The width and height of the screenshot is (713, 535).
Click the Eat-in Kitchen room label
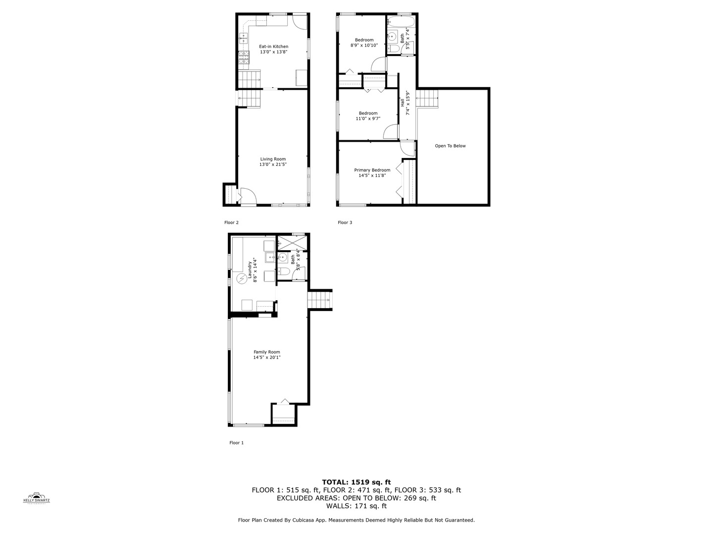[273, 47]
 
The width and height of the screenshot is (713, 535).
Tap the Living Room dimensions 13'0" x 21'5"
[273, 164]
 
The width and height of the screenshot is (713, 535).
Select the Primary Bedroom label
[372, 170]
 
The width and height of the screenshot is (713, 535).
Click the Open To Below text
[450, 146]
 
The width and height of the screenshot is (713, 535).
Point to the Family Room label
[267, 352]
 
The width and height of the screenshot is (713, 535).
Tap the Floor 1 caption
[236, 443]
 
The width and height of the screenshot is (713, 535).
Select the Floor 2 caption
[231, 222]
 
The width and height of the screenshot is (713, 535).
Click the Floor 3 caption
[345, 222]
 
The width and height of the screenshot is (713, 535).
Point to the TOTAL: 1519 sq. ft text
[356, 482]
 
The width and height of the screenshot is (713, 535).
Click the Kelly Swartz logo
[37, 497]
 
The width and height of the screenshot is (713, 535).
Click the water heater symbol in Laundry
[241, 279]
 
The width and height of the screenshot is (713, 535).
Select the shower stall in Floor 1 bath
[292, 243]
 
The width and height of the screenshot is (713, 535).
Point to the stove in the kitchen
[244, 58]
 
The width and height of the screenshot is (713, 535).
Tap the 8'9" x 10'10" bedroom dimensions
[364, 45]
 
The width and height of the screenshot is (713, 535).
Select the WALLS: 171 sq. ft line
[356, 506]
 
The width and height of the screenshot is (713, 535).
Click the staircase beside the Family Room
[319, 300]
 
